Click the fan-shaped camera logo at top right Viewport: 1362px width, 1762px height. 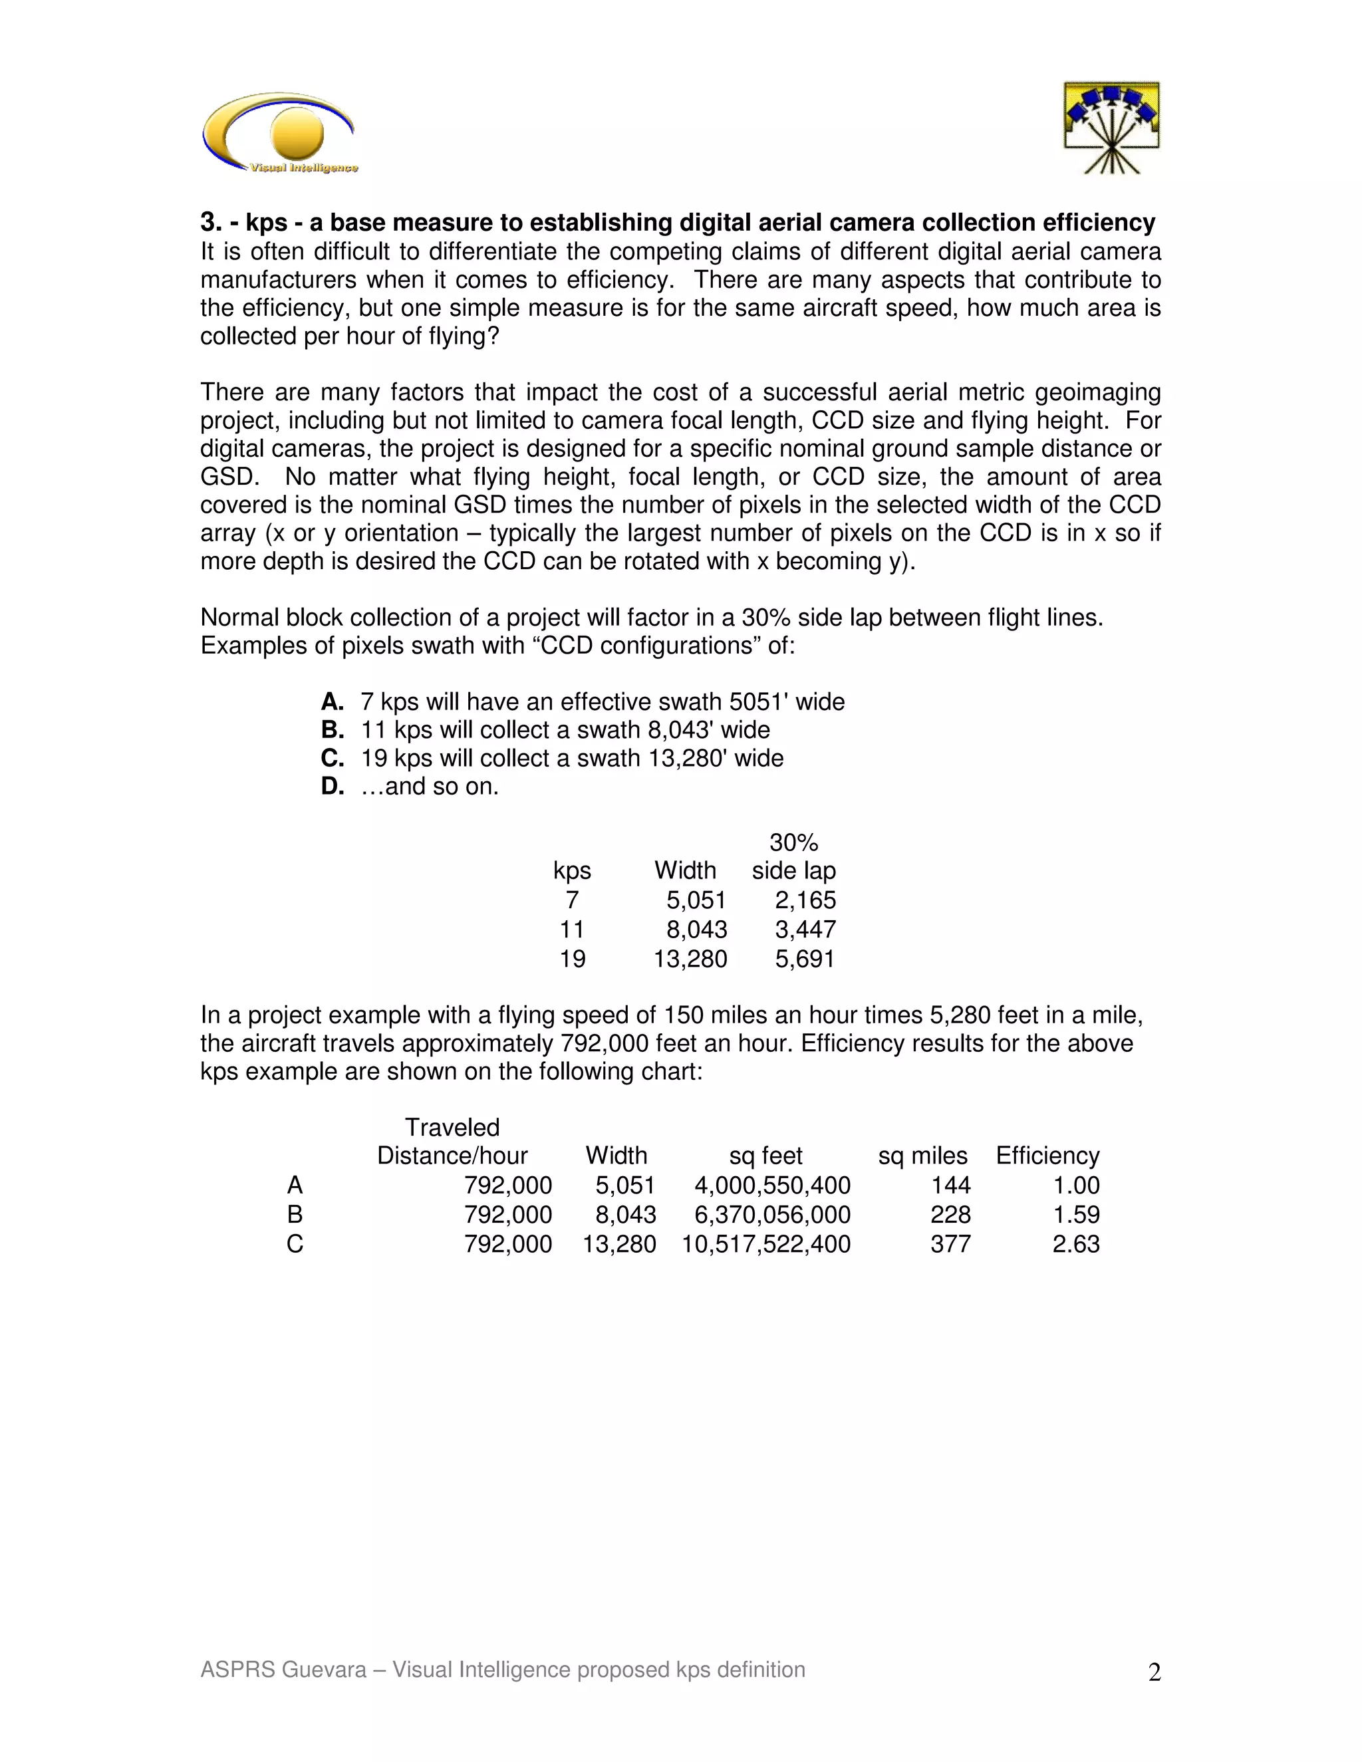coord(1111,128)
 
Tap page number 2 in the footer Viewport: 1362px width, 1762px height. coord(1154,1672)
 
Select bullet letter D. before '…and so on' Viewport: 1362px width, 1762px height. coord(332,786)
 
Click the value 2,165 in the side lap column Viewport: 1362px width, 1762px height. coord(805,900)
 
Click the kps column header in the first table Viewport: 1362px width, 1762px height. coord(571,870)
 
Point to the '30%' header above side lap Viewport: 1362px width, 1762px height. coord(793,842)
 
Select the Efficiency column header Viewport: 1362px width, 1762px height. coord(1047,1156)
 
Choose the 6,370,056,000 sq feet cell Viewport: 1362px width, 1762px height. coord(771,1214)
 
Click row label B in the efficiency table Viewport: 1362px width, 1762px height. coord(295,1214)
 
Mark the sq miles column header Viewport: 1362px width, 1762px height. coord(922,1156)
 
